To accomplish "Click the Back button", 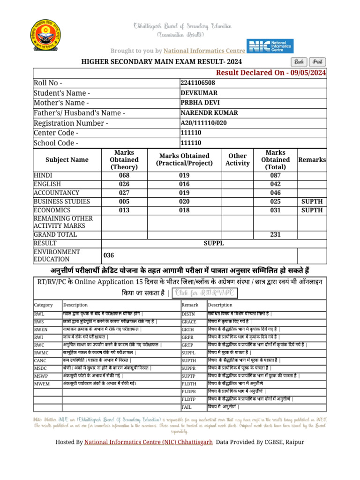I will [299, 62].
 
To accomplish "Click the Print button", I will [317, 62].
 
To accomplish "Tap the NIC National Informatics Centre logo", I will [270, 47].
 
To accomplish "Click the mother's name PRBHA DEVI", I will [200, 103].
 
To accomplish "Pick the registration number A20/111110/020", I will [203, 123].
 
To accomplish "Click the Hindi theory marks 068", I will [124, 175].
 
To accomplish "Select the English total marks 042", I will [275, 184].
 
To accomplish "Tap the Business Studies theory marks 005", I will [124, 202].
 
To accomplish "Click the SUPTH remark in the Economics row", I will [312, 210].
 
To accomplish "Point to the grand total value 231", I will [275, 234].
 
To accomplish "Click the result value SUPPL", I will [214, 243].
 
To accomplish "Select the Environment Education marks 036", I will [109, 255].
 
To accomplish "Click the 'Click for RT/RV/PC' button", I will [205, 293].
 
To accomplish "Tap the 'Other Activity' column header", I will [238, 159].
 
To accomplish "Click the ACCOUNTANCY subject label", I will [56, 193].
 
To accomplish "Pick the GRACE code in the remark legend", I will [188, 322].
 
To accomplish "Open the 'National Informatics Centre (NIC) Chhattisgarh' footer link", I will [149, 442].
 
